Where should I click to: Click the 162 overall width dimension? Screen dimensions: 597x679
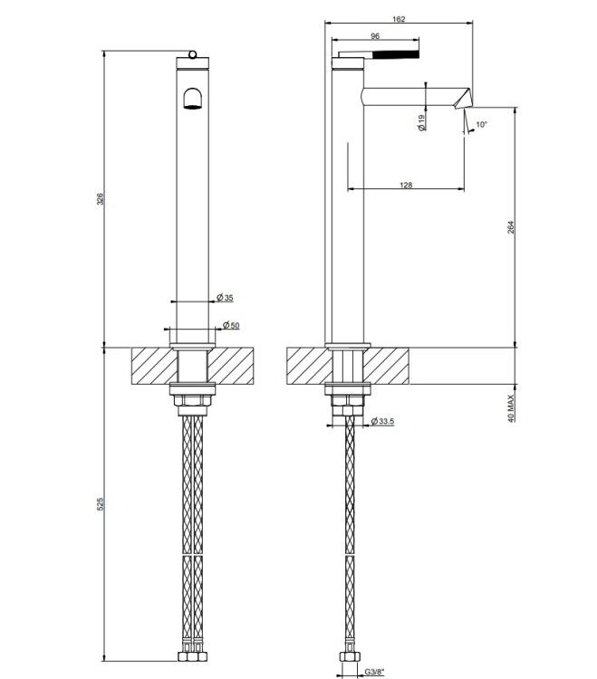tap(399, 19)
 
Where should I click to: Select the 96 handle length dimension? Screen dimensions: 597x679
tap(375, 36)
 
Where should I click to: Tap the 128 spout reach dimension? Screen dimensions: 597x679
tap(406, 185)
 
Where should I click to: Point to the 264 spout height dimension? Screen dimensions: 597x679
tap(510, 227)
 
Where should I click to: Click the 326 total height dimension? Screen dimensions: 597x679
tap(100, 199)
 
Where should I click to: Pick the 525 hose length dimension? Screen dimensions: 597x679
tap(100, 503)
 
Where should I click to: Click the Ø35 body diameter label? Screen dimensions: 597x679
tap(225, 298)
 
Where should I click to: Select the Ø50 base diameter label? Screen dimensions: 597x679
tap(231, 325)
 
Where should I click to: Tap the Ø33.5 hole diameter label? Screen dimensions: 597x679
tap(383, 421)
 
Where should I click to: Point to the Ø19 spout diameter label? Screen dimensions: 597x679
tap(422, 122)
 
